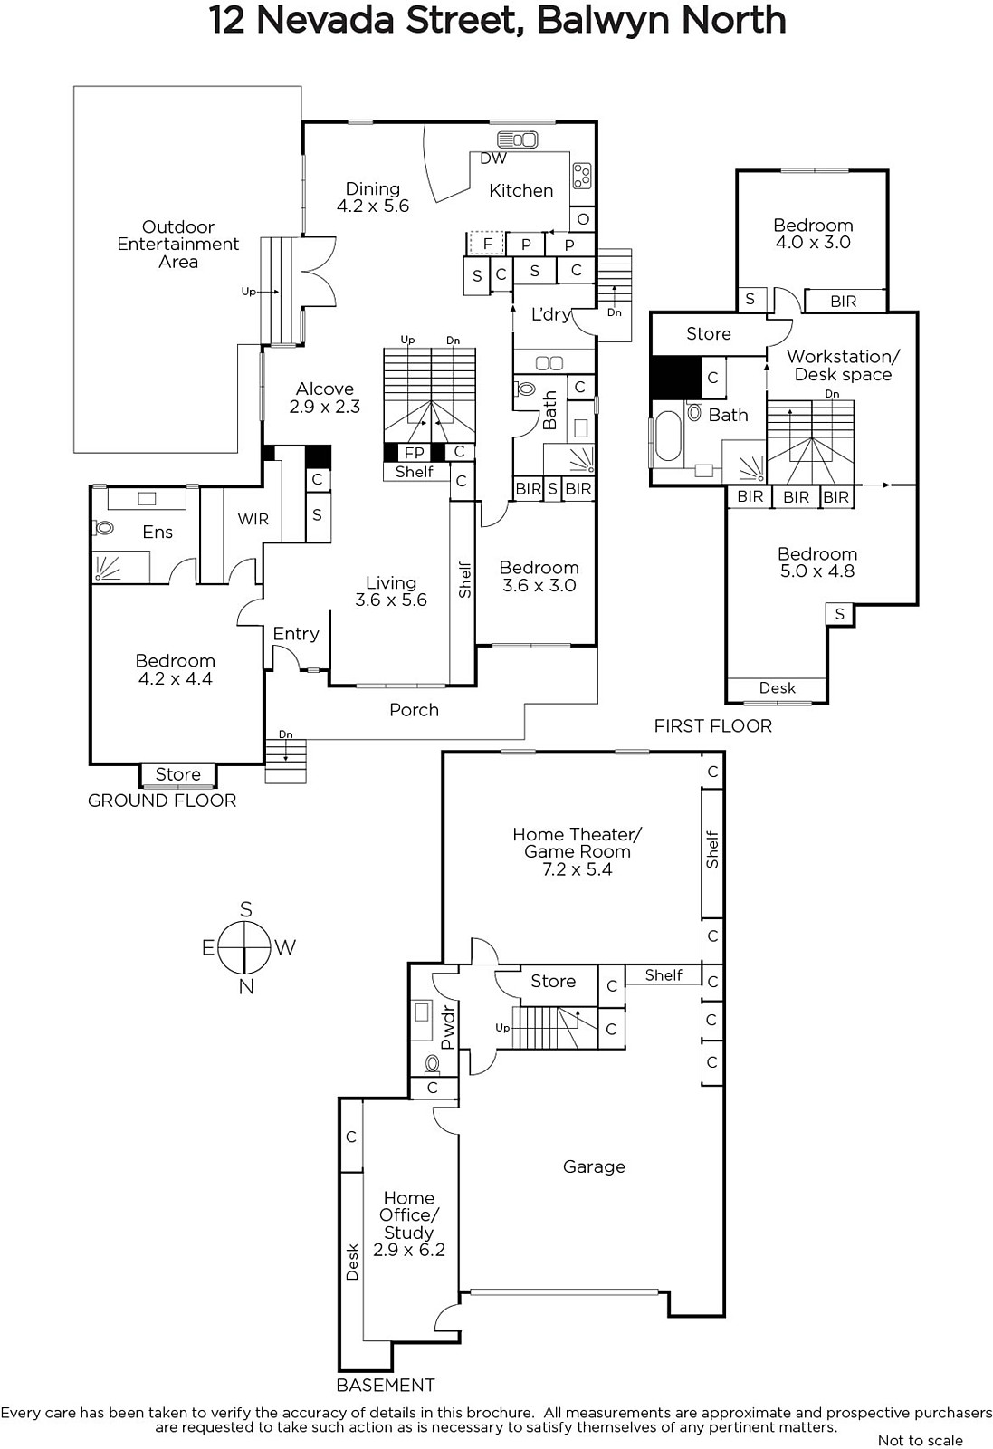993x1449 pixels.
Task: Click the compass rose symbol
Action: (x=244, y=948)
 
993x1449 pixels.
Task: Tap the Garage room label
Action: (x=594, y=1166)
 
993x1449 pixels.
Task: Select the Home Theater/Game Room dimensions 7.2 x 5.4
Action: (x=577, y=869)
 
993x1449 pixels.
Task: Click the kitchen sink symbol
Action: (x=517, y=139)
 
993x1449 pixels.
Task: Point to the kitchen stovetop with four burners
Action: (x=581, y=175)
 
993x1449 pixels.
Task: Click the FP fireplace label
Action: (x=415, y=453)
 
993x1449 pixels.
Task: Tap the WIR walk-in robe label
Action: (x=253, y=519)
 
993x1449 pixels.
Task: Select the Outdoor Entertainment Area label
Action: (x=177, y=245)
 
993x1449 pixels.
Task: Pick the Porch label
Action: (x=414, y=710)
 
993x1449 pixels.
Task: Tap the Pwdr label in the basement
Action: (x=447, y=1027)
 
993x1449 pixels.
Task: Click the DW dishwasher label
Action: (x=493, y=158)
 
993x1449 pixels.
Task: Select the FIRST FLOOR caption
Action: (x=713, y=725)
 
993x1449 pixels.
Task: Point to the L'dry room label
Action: (x=550, y=314)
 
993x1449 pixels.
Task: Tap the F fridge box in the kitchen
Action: (x=488, y=244)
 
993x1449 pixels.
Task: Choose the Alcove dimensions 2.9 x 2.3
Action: (x=325, y=407)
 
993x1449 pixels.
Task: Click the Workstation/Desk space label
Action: (x=843, y=366)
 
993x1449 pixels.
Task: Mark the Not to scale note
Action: (x=921, y=1440)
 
